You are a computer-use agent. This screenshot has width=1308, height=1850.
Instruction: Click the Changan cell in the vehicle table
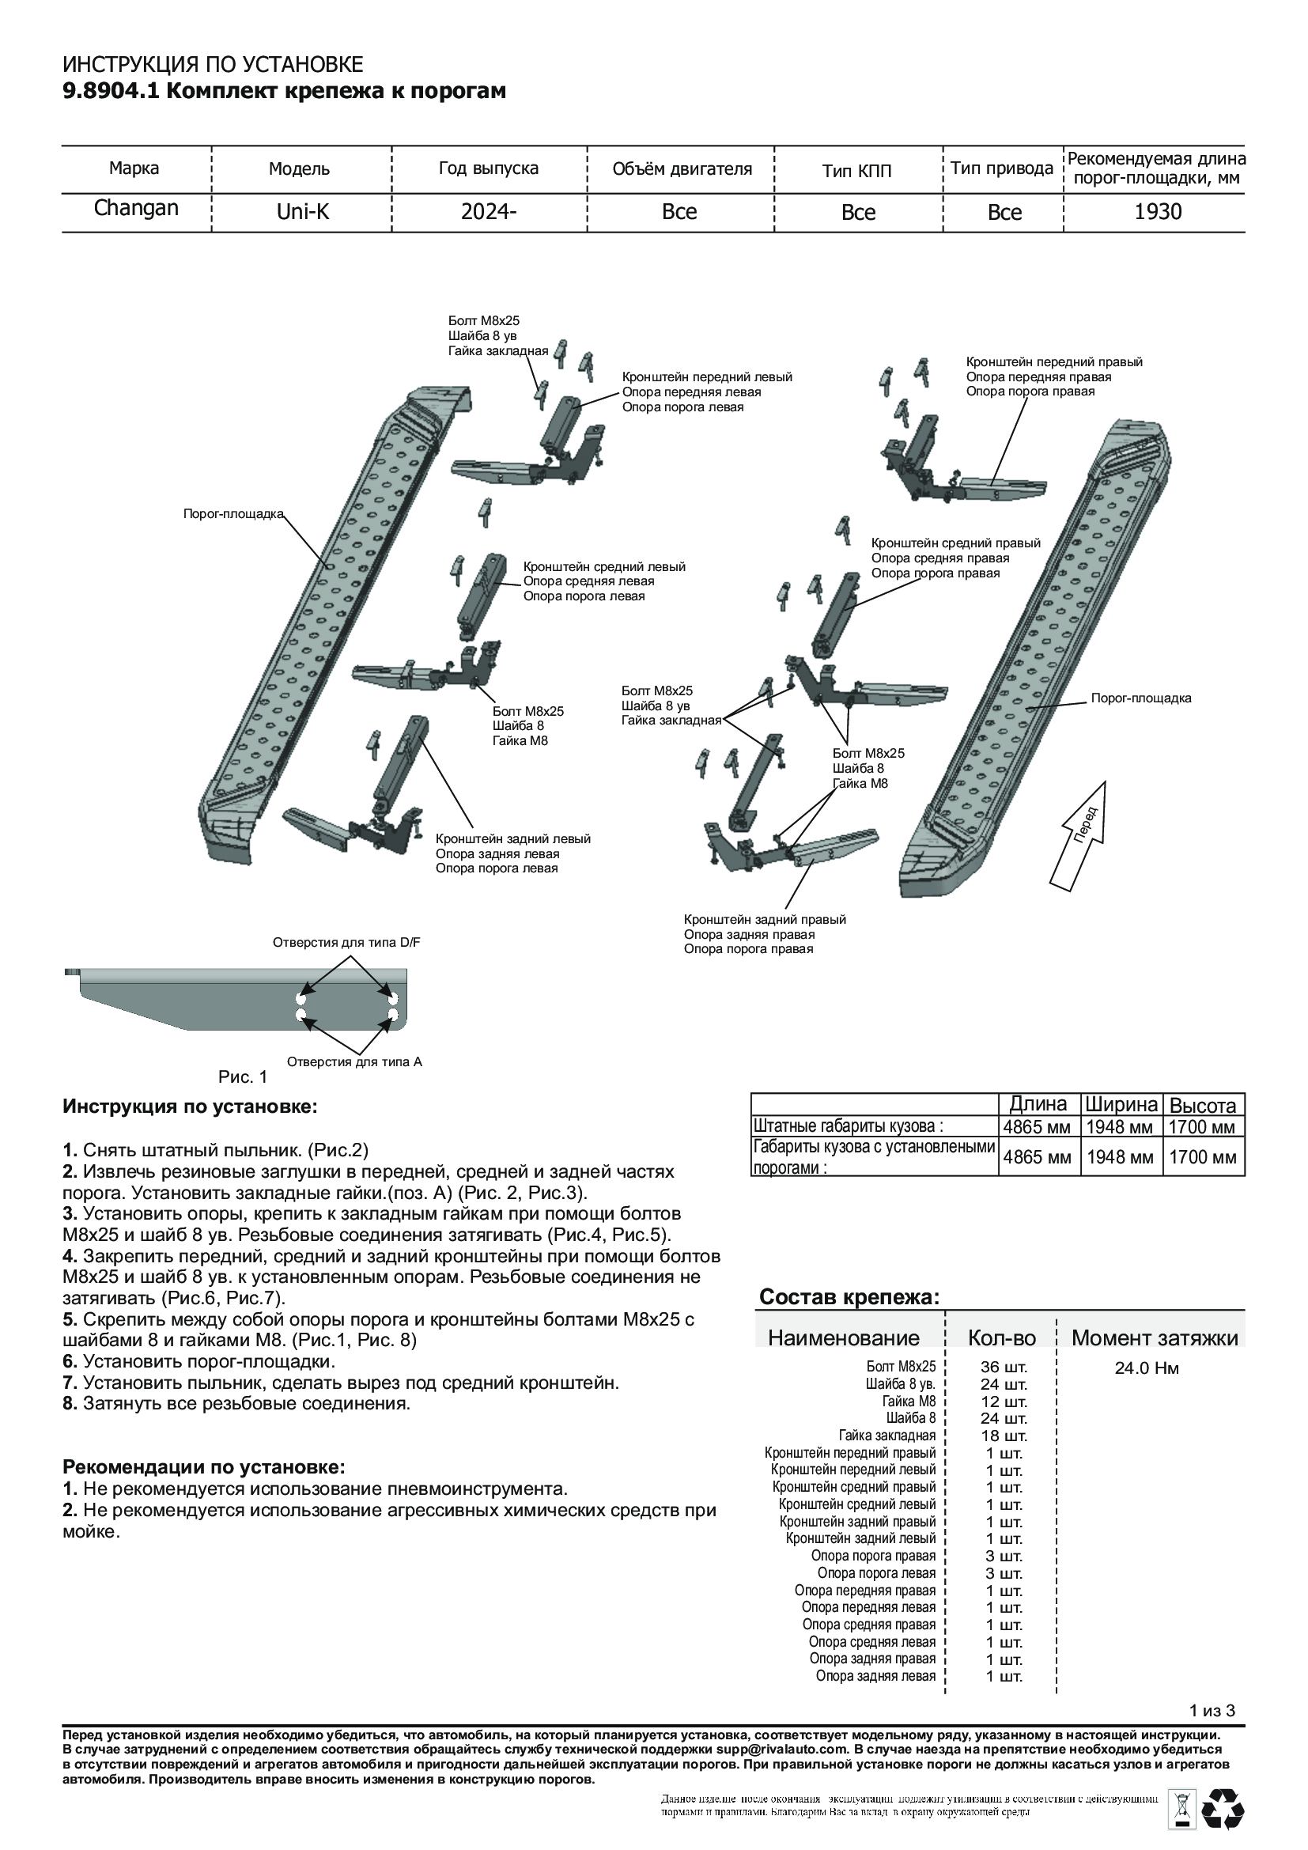(x=136, y=208)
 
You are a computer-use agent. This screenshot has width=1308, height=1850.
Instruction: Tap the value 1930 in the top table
(x=1158, y=212)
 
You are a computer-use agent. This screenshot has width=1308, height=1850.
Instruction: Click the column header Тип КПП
(x=857, y=170)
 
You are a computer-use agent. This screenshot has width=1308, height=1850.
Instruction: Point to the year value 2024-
(x=488, y=212)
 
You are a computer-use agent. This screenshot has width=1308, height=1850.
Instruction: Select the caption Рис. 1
(x=243, y=1076)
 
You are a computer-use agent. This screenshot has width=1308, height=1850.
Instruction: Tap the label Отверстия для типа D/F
(x=346, y=942)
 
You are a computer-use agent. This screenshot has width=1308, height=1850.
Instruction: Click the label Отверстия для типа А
(x=354, y=1061)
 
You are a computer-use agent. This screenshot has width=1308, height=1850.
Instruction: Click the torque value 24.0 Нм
(x=1147, y=1368)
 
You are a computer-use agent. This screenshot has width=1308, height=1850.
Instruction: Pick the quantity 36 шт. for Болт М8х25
(x=1004, y=1368)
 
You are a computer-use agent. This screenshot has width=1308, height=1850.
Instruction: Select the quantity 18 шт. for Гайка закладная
(x=1004, y=1436)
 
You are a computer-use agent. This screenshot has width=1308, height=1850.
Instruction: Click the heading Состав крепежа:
(x=849, y=1297)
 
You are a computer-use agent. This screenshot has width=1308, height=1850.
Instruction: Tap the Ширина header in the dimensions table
(x=1120, y=1105)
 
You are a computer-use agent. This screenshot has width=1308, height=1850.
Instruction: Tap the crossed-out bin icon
(x=1182, y=1806)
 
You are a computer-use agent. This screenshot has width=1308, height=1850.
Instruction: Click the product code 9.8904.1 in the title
(x=112, y=91)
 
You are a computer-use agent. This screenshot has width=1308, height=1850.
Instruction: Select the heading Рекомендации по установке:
(x=204, y=1467)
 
